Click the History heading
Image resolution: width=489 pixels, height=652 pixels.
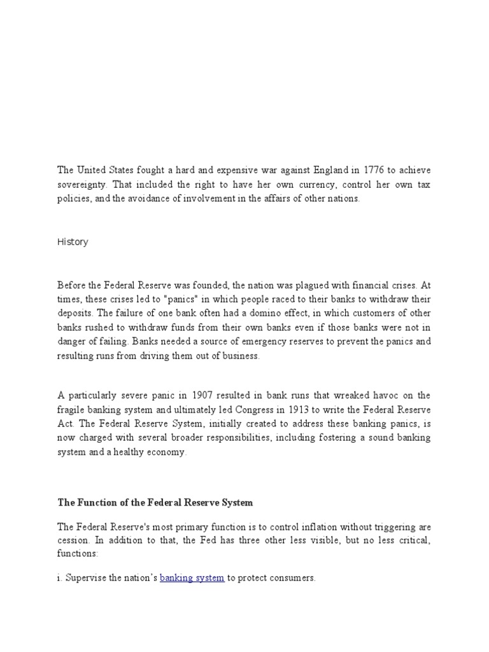(x=73, y=242)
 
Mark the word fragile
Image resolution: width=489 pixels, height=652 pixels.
(x=71, y=409)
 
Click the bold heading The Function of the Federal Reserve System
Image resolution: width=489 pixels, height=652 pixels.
(x=155, y=502)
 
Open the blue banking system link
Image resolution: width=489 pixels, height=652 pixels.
(x=192, y=578)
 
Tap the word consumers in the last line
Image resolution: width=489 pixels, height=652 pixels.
(x=292, y=578)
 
